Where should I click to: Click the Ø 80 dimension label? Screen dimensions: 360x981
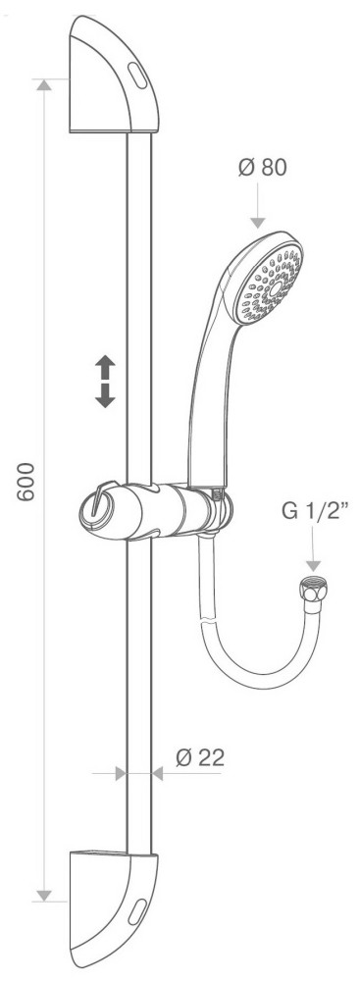(x=262, y=168)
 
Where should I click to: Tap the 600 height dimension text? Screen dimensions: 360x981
(x=26, y=482)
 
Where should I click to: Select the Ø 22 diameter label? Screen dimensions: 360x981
(x=200, y=757)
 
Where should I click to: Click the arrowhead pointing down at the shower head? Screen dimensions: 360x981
(x=258, y=223)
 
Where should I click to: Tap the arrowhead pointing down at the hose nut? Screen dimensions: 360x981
(x=313, y=566)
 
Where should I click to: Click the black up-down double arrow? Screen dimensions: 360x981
(x=105, y=381)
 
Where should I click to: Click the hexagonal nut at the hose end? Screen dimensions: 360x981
(x=314, y=590)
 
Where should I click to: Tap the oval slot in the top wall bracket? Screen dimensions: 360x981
(x=137, y=76)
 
